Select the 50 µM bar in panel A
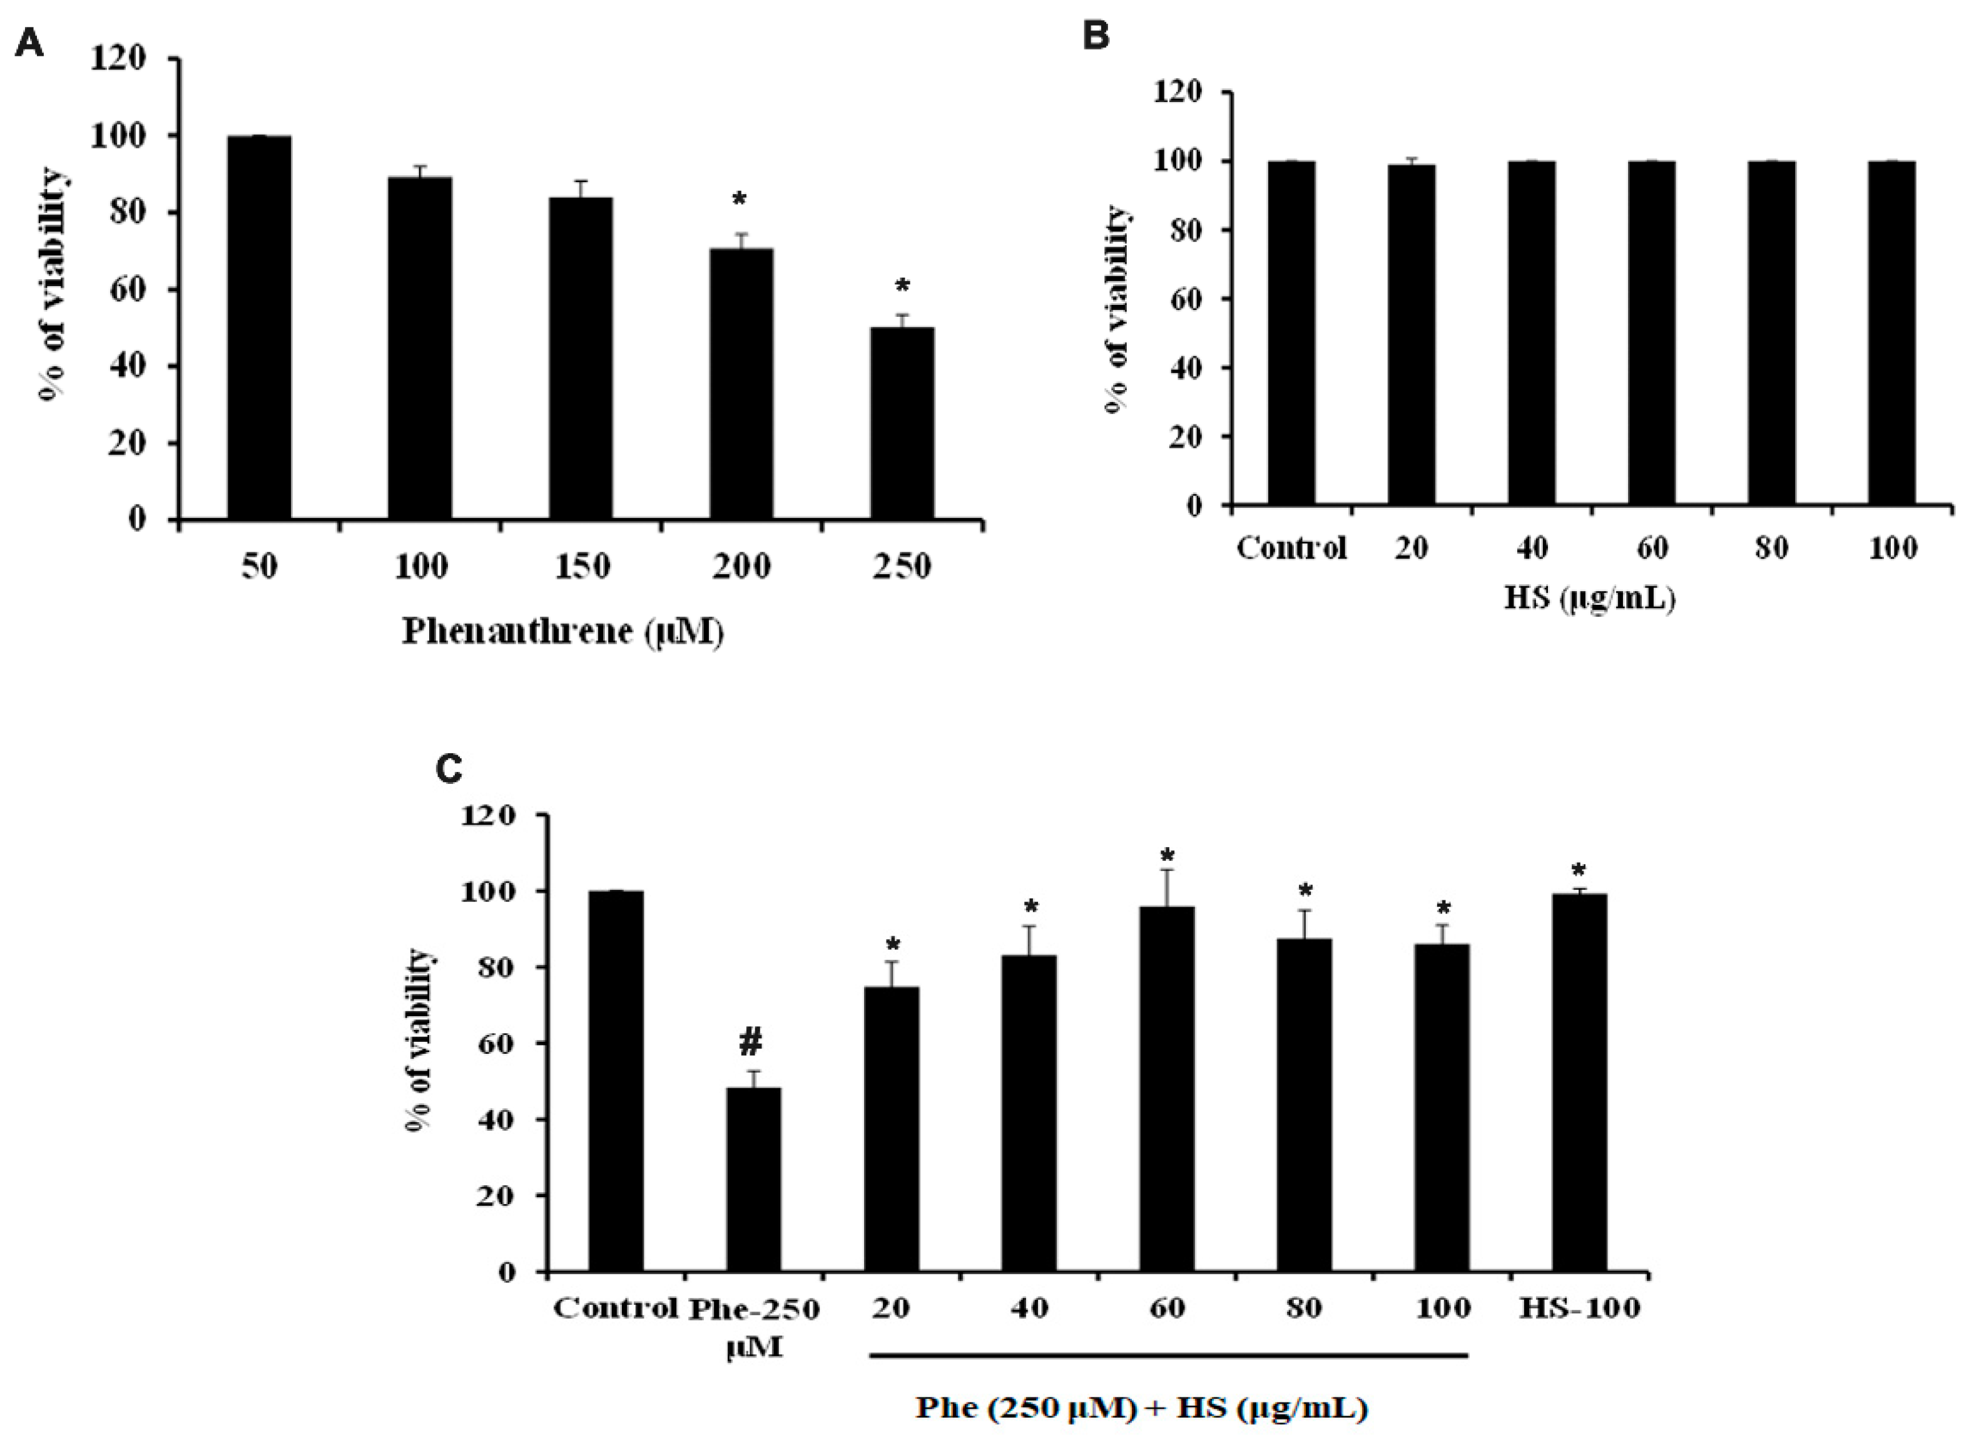[x=259, y=327]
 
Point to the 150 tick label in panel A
[x=581, y=567]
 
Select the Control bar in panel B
[x=1291, y=334]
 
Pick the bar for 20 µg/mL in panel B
[x=1412, y=335]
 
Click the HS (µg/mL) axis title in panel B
[x=1589, y=599]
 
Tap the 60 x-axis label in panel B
[x=1652, y=549]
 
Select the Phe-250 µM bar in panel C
[x=753, y=1180]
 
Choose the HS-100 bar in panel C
[x=1579, y=1083]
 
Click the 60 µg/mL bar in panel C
[x=1167, y=1089]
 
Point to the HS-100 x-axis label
[x=1579, y=1308]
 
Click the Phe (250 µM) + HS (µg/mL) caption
[x=1141, y=1408]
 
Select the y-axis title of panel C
[x=419, y=1040]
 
